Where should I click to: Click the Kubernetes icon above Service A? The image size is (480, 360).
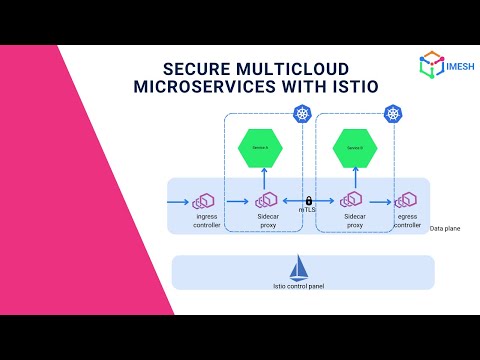(x=302, y=117)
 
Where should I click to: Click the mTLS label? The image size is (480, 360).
(x=308, y=211)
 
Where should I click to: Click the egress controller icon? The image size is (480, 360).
(x=407, y=201)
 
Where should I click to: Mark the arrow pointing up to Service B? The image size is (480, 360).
(x=354, y=177)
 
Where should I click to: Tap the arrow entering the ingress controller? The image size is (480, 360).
(x=180, y=201)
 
